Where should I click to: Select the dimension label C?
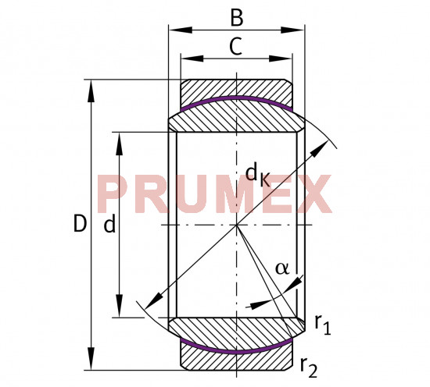click(236, 47)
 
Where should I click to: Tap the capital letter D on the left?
click(79, 225)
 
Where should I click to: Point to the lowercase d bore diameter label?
click(109, 225)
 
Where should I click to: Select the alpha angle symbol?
click(281, 268)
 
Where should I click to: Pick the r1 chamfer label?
click(322, 325)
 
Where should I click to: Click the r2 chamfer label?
click(308, 364)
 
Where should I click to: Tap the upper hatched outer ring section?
click(236, 87)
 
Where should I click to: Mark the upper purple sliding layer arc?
click(236, 99)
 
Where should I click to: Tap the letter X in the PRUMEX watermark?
click(312, 195)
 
